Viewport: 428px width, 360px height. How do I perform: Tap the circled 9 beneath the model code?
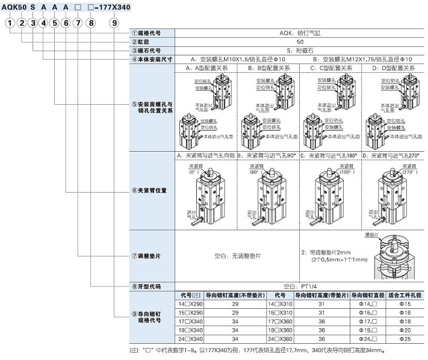pos(114,22)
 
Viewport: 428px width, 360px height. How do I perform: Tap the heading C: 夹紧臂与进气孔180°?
pos(329,155)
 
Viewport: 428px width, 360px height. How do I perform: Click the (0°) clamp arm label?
pos(193,172)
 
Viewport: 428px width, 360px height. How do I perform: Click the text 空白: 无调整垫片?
pos(238,256)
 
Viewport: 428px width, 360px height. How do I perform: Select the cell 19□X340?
pos(192,331)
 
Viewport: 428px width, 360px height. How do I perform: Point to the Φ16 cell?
pos(405,313)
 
